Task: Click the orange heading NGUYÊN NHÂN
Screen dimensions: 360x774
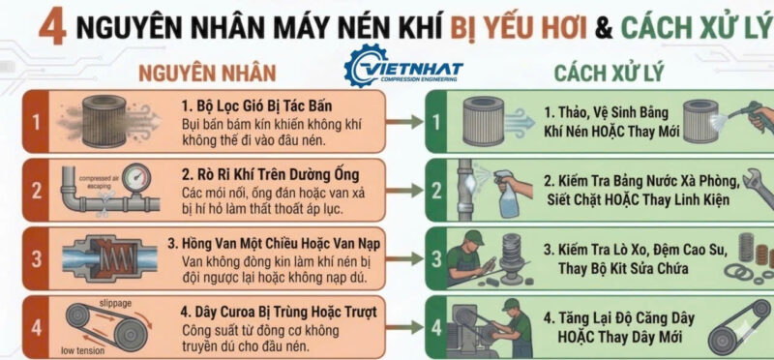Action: coord(207,73)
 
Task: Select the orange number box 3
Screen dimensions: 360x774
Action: coord(35,256)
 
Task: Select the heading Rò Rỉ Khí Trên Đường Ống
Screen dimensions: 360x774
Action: coord(269,174)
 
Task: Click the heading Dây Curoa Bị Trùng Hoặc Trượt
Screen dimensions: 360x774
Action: coord(280,312)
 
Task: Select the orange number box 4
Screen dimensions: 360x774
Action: coord(35,326)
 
